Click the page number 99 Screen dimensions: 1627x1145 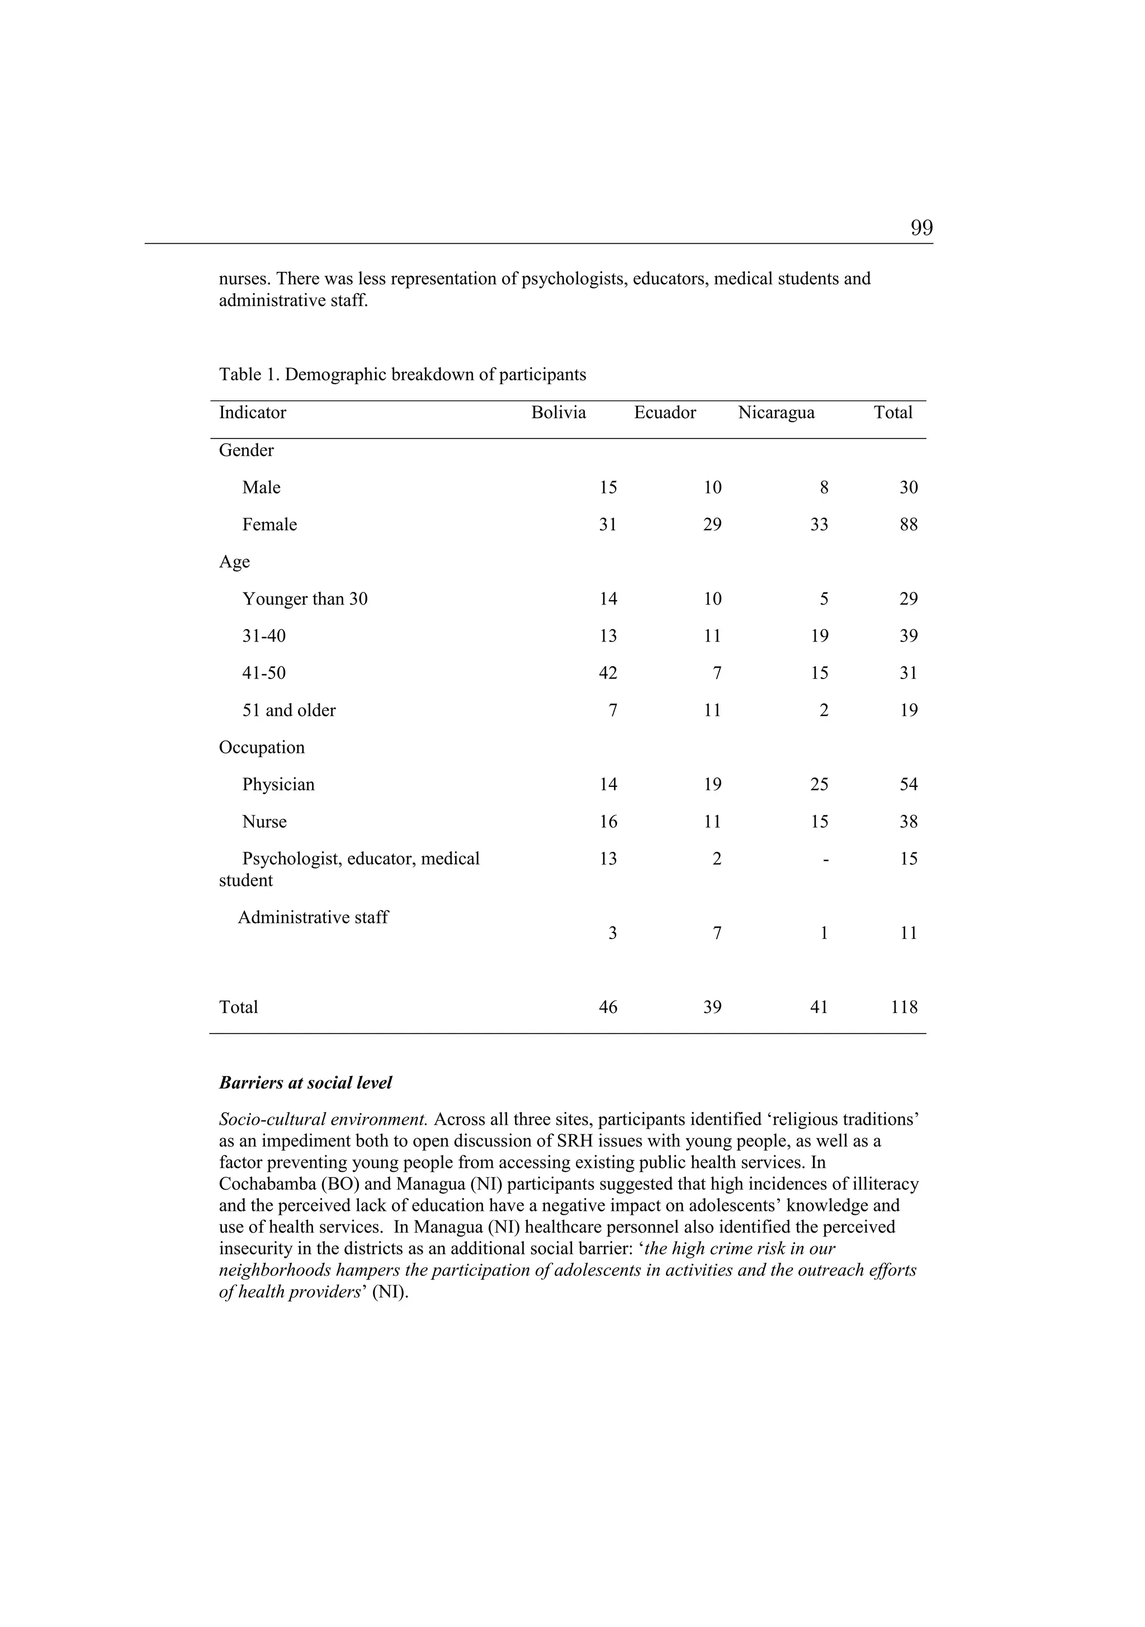[x=921, y=228]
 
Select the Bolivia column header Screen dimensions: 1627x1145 [x=559, y=413]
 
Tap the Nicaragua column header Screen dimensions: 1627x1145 [x=776, y=413]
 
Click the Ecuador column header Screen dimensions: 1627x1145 [x=665, y=413]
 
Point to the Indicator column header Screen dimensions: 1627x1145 [x=252, y=413]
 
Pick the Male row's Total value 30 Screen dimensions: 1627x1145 [x=909, y=488]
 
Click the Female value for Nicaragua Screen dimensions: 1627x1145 [x=818, y=525]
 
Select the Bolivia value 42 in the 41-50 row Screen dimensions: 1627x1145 [x=607, y=673]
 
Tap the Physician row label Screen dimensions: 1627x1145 [x=278, y=785]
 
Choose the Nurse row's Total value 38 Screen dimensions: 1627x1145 [x=909, y=822]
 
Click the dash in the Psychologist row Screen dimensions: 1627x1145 [x=825, y=860]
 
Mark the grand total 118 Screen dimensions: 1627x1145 [x=904, y=1008]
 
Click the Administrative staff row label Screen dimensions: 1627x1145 [x=313, y=918]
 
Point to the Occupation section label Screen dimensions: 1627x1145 [x=262, y=748]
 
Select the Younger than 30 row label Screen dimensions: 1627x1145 [x=305, y=600]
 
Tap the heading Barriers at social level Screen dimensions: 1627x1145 [x=305, y=1083]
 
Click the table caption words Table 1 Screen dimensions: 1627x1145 [x=249, y=375]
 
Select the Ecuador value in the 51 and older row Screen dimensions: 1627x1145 [x=712, y=711]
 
